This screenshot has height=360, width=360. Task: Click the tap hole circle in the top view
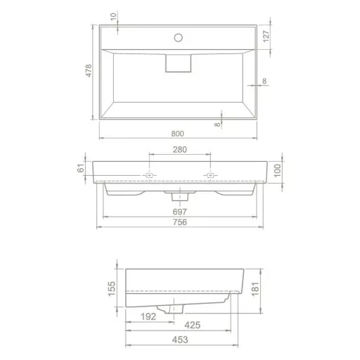click(179, 37)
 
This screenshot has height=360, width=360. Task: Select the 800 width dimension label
click(177, 134)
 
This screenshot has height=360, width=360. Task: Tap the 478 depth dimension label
click(89, 70)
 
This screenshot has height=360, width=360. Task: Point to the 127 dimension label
click(266, 36)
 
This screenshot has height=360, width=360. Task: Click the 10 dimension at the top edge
click(113, 17)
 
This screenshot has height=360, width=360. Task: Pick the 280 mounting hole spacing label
click(180, 150)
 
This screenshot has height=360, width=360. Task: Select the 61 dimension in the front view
click(81, 168)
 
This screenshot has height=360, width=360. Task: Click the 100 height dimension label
click(277, 171)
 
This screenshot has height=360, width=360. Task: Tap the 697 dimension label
click(180, 212)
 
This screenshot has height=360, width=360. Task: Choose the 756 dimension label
click(180, 222)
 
